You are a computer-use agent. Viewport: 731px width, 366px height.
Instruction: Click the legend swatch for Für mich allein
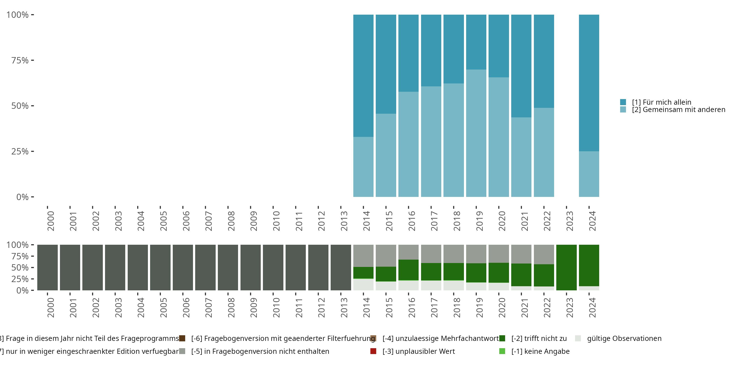pos(623,102)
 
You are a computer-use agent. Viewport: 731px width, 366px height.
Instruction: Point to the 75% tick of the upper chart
pos(32,60)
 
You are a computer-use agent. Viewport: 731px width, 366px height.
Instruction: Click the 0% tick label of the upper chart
pos(22,197)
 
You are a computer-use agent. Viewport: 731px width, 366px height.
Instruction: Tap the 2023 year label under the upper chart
pos(569,221)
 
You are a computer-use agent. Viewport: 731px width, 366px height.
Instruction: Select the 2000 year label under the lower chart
pos(50,308)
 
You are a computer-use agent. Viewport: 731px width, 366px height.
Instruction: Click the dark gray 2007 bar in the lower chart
pos(205,267)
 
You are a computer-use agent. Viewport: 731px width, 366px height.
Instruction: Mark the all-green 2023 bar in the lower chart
pos(566,267)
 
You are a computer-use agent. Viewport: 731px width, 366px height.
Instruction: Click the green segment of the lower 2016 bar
pos(408,270)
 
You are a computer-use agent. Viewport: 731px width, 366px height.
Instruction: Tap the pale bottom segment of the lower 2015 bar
pos(386,286)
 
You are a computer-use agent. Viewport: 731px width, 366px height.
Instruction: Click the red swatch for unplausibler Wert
pos(373,351)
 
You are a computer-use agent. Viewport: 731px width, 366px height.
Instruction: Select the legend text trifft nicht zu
pos(539,338)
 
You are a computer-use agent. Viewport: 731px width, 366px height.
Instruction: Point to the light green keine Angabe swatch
pos(502,351)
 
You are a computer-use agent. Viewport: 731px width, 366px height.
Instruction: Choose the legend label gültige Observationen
pos(624,338)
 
